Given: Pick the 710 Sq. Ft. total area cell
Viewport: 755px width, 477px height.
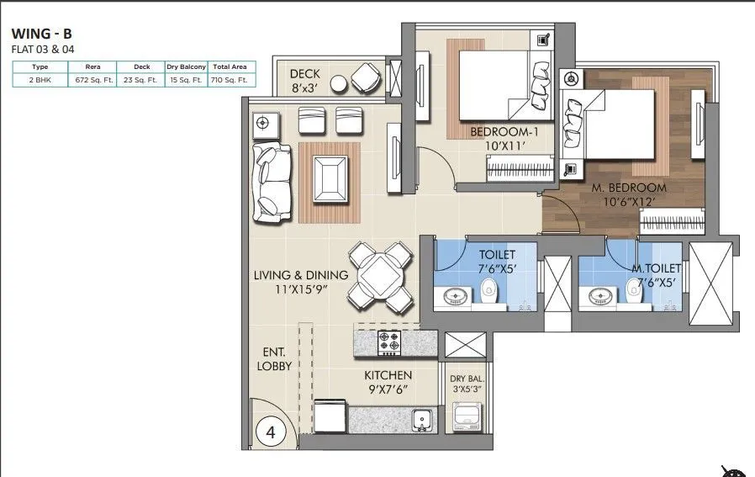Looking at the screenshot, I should tap(230, 80).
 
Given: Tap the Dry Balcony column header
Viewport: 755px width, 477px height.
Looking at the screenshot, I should tap(186, 66).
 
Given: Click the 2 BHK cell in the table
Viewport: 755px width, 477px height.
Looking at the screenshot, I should tap(40, 80).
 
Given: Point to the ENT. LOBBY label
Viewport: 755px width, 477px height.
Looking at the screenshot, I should tap(274, 359).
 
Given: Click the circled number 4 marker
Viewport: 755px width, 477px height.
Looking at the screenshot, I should tap(271, 432).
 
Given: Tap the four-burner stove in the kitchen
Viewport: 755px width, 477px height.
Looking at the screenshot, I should tap(390, 342).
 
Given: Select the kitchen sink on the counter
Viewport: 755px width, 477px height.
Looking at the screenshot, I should tap(420, 418).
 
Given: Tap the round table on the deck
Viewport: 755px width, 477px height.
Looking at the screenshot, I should tap(338, 84).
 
